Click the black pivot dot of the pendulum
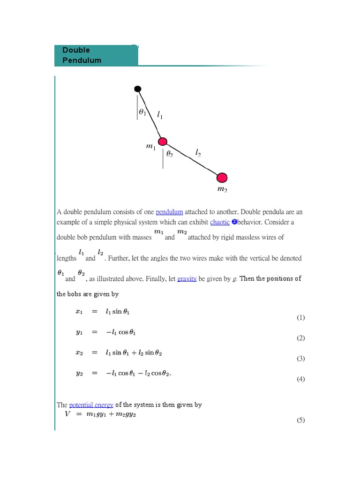(137, 89)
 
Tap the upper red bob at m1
(163, 142)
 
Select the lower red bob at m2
(222, 178)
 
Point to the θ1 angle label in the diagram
(142, 112)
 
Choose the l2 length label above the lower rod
(198, 152)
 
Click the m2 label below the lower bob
(222, 189)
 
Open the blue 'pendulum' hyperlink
(169, 212)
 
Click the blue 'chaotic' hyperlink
(220, 222)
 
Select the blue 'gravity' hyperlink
(187, 279)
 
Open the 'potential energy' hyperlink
(91, 405)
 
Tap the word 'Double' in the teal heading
(76, 50)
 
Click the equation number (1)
(300, 317)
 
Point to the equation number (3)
(300, 359)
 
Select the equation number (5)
(300, 420)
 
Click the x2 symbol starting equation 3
(79, 352)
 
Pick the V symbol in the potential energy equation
(67, 414)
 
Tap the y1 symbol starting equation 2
(79, 332)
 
